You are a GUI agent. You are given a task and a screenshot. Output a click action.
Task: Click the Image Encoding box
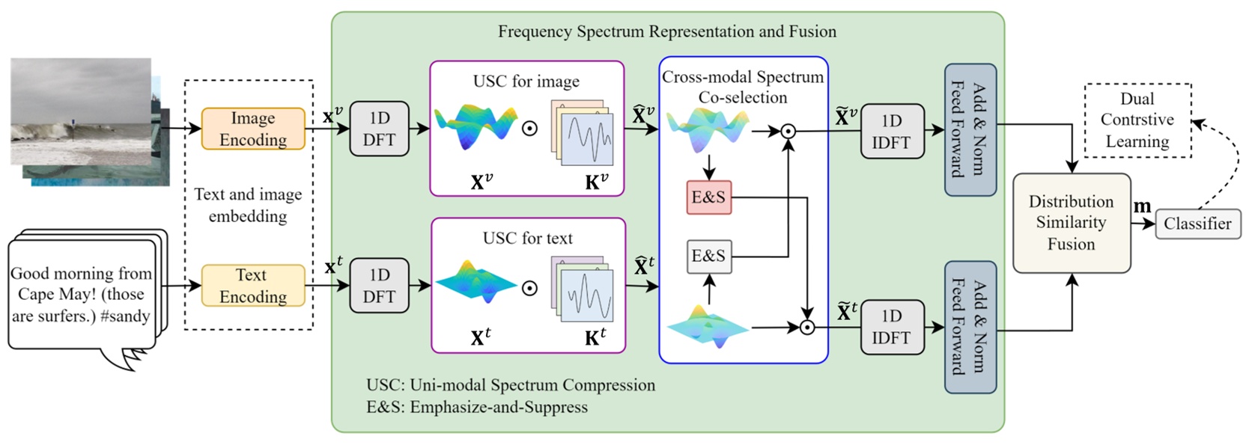tap(253, 129)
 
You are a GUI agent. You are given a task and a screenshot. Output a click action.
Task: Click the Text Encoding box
tap(253, 286)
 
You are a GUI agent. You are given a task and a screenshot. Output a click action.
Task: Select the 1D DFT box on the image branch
tap(379, 129)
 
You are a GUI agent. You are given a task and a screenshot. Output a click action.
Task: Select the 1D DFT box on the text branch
tap(379, 286)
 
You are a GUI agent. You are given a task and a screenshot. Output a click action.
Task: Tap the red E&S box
tap(708, 197)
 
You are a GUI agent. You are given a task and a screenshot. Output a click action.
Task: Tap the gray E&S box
tap(708, 256)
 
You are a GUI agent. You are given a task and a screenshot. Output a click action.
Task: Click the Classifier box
tap(1197, 224)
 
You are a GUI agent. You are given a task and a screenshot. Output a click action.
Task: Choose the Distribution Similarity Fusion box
tap(1071, 223)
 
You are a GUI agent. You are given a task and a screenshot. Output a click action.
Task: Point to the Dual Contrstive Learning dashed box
tap(1137, 120)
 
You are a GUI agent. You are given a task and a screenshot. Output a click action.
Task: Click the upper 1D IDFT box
tap(891, 132)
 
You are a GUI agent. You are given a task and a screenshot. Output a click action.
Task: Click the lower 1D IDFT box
tap(891, 327)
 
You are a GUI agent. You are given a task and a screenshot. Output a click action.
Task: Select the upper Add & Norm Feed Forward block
tap(970, 129)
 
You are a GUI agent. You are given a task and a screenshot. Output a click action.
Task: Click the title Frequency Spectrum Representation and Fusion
tap(667, 31)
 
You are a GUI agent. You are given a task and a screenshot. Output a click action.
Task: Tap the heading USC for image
tap(526, 82)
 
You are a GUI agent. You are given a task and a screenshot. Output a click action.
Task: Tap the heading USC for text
tap(527, 239)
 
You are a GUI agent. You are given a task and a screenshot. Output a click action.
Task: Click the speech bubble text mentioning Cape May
tap(81, 295)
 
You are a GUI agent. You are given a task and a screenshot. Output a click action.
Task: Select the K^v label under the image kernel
tap(596, 182)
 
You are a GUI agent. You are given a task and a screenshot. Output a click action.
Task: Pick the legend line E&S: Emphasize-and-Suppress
tap(476, 407)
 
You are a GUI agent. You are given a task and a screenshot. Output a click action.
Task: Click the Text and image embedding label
tap(248, 205)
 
